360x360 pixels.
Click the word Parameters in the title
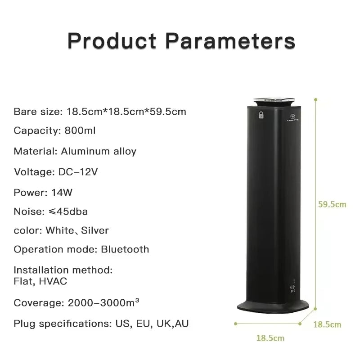tap(230, 40)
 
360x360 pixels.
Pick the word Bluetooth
tap(125, 249)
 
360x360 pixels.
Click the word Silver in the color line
tap(94, 230)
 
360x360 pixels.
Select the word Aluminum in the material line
tap(80, 151)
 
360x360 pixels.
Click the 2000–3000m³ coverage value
tap(103, 303)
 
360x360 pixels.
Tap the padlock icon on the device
tap(261, 115)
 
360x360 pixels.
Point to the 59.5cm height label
tap(332, 204)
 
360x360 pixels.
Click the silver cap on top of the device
tap(274, 102)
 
